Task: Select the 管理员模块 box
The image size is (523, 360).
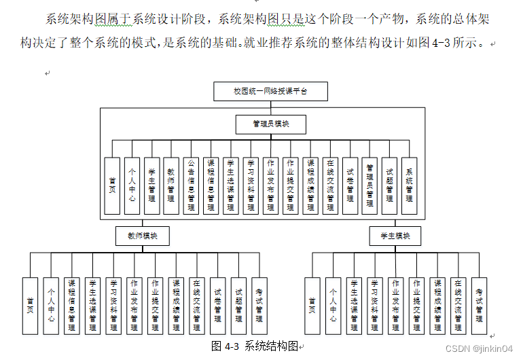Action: [270, 124]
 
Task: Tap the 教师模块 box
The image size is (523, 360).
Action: [141, 236]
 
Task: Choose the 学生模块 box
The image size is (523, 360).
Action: [395, 236]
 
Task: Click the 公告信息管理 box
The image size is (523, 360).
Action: [192, 186]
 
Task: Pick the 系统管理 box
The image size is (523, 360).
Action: [409, 186]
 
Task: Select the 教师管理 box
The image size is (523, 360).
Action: [171, 186]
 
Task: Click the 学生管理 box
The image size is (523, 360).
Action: [151, 186]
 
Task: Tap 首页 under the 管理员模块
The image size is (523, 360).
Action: [112, 186]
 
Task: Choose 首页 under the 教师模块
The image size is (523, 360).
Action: [30, 306]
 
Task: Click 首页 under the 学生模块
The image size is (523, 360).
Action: [312, 306]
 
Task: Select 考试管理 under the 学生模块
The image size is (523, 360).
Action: [479, 306]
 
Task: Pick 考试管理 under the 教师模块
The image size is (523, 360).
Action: [259, 306]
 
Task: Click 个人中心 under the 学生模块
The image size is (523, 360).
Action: [333, 306]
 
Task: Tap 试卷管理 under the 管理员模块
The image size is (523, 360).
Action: [350, 186]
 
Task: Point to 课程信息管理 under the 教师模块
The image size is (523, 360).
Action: [71, 306]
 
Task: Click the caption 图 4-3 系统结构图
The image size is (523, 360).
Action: [254, 346]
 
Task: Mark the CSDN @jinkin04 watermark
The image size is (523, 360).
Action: [483, 348]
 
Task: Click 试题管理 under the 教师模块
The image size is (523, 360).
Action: [238, 306]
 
